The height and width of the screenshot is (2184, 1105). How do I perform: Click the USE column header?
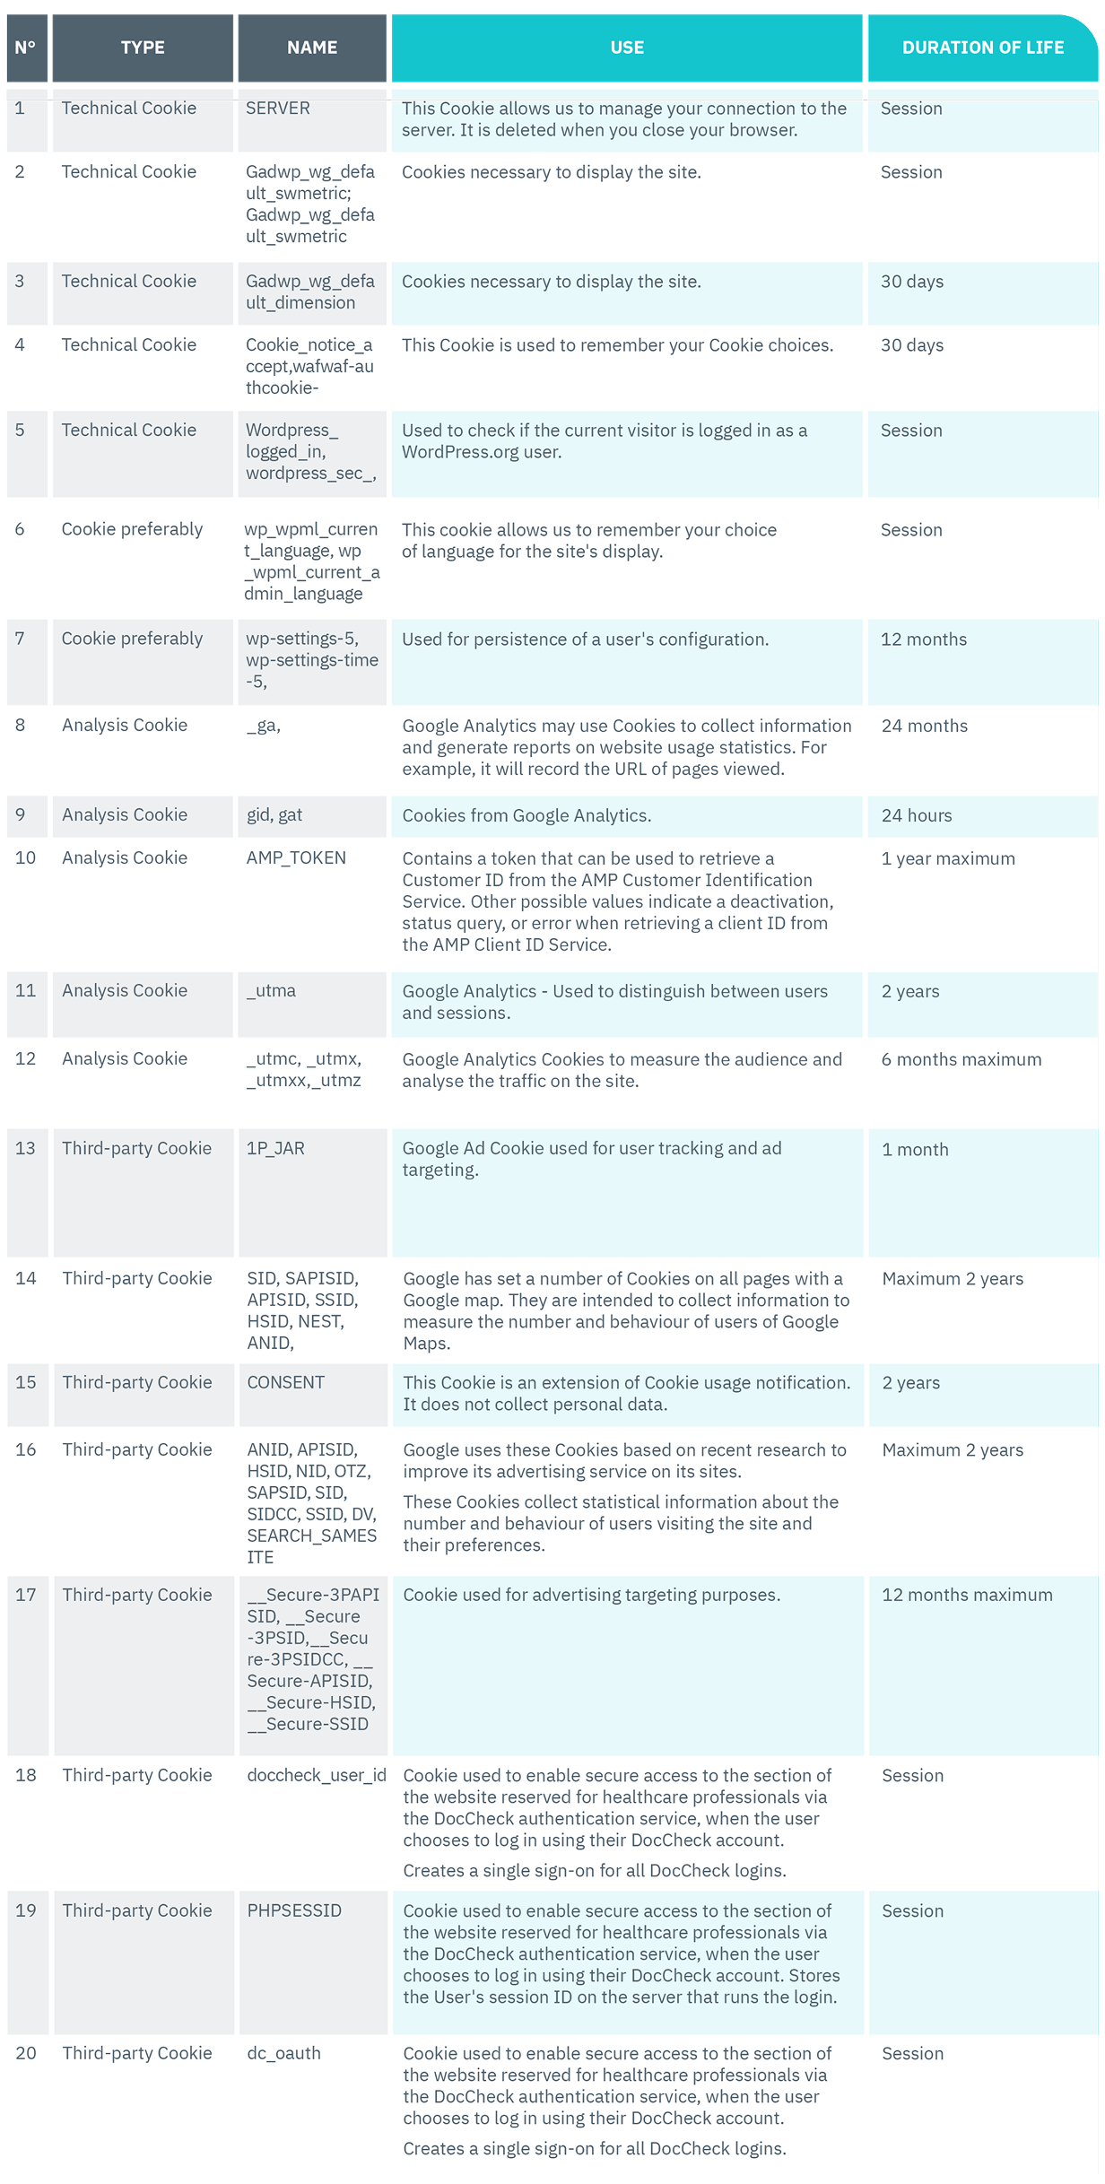(627, 48)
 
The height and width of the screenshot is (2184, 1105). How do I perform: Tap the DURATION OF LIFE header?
(982, 48)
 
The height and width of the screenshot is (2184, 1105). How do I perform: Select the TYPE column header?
(143, 48)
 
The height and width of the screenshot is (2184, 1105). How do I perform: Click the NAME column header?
(312, 48)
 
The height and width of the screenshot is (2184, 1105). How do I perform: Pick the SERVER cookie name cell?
(278, 109)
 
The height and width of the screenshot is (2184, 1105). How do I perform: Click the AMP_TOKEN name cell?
(296, 858)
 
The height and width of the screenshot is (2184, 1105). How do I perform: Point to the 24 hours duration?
(916, 816)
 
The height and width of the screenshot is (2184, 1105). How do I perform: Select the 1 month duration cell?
(915, 1150)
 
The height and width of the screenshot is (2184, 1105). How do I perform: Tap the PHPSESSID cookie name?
(294, 1911)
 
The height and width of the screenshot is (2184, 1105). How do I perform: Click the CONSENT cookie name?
(286, 1383)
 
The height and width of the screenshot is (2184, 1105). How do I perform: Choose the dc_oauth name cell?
(283, 2054)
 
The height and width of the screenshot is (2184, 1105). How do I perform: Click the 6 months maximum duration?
(961, 1060)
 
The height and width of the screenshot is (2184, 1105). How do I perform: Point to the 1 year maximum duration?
(948, 859)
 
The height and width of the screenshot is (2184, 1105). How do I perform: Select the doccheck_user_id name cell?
(317, 1776)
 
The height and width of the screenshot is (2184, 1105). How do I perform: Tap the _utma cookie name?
(271, 991)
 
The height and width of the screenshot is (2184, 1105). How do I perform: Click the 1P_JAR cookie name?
(275, 1149)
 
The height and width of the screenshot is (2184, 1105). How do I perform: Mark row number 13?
(25, 1149)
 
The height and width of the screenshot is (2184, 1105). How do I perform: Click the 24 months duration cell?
(924, 727)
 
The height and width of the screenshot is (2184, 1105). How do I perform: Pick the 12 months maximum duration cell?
(967, 1596)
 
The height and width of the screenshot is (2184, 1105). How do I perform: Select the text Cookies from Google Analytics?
(526, 816)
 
